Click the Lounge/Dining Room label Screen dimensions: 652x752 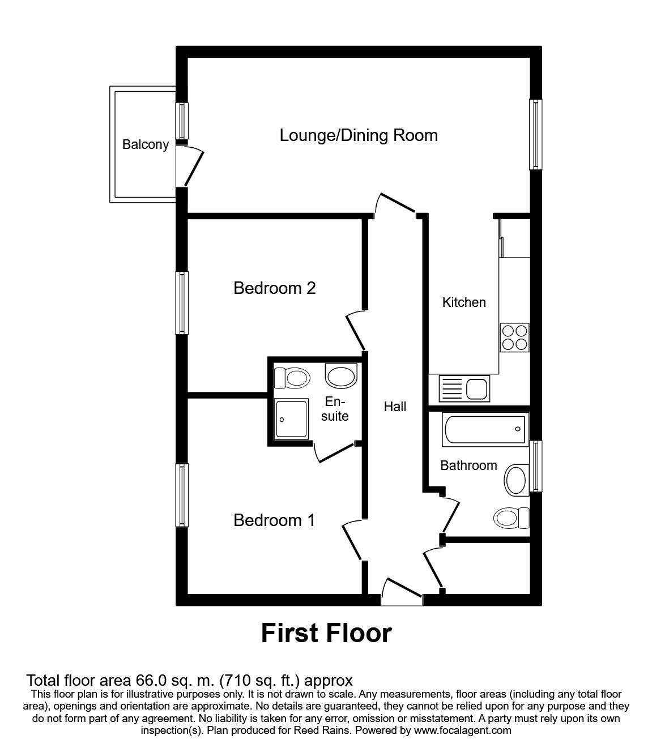(358, 135)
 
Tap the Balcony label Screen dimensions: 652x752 (145, 144)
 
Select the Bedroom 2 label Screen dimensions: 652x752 (274, 288)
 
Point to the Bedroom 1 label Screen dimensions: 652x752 (274, 520)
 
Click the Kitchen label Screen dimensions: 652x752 (464, 302)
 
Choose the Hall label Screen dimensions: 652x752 (395, 407)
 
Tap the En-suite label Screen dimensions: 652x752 (335, 409)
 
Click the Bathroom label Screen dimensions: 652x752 (468, 465)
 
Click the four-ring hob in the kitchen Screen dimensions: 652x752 (514, 337)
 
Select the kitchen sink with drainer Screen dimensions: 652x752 (464, 388)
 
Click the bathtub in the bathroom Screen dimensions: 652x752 (485, 429)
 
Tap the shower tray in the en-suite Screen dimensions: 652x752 (292, 418)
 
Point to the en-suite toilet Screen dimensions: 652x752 (292, 378)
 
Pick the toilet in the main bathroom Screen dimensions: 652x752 (511, 518)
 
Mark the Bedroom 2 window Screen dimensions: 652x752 (182, 303)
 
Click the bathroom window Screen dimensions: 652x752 (535, 466)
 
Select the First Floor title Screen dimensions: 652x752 (326, 634)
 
